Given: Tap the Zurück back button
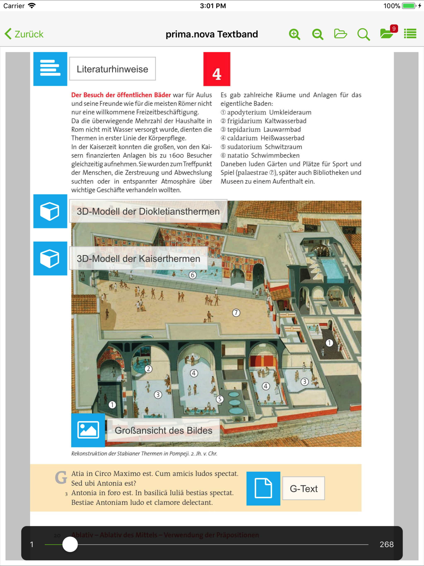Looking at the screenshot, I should (24, 34).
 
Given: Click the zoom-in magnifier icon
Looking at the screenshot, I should (294, 34).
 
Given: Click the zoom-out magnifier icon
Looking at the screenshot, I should (318, 34).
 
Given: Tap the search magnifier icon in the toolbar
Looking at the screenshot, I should (363, 34).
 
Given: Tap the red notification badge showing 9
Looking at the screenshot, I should (394, 29).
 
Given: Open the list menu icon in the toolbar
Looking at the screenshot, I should (410, 34).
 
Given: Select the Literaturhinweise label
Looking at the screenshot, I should (112, 69).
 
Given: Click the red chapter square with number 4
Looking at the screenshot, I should (217, 69).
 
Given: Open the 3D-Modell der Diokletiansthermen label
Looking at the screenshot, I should (148, 211).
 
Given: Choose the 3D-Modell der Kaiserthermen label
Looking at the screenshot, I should (138, 258).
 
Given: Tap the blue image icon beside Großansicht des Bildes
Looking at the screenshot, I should (88, 430).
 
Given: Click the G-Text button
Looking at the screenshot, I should (304, 489).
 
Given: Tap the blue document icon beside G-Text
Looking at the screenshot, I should (263, 489).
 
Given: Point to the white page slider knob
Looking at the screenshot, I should (70, 544).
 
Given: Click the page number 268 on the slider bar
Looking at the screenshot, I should (386, 544).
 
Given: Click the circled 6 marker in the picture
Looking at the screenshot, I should (193, 275).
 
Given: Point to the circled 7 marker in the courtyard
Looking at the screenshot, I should (236, 313).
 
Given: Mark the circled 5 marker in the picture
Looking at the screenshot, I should (220, 399).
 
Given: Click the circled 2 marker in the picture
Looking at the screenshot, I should (148, 369).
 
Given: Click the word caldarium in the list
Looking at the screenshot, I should (242, 138).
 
